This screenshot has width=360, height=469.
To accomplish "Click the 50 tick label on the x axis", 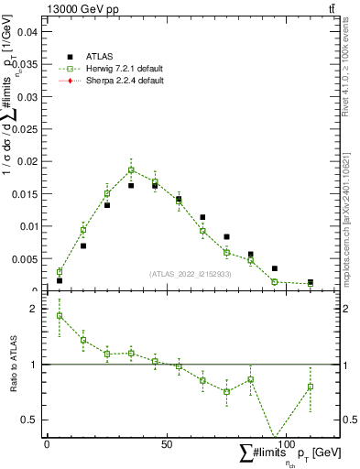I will pos(166,444).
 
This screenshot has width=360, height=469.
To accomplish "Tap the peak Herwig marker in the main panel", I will pos(131,169).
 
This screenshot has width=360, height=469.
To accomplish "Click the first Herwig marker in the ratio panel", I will pos(60,316).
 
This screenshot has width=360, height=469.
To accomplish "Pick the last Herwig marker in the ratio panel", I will pos(311,387).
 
